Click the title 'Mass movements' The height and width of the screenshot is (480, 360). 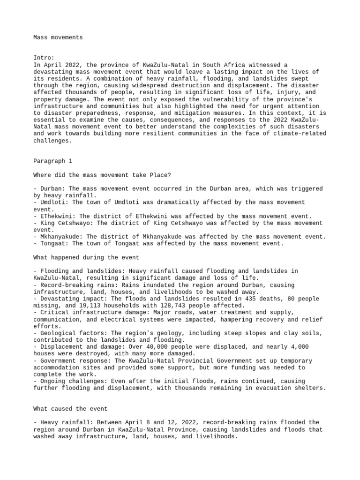click(58, 37)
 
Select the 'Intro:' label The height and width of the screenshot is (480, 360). click(44, 58)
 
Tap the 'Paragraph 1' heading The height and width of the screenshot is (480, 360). click(53, 161)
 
